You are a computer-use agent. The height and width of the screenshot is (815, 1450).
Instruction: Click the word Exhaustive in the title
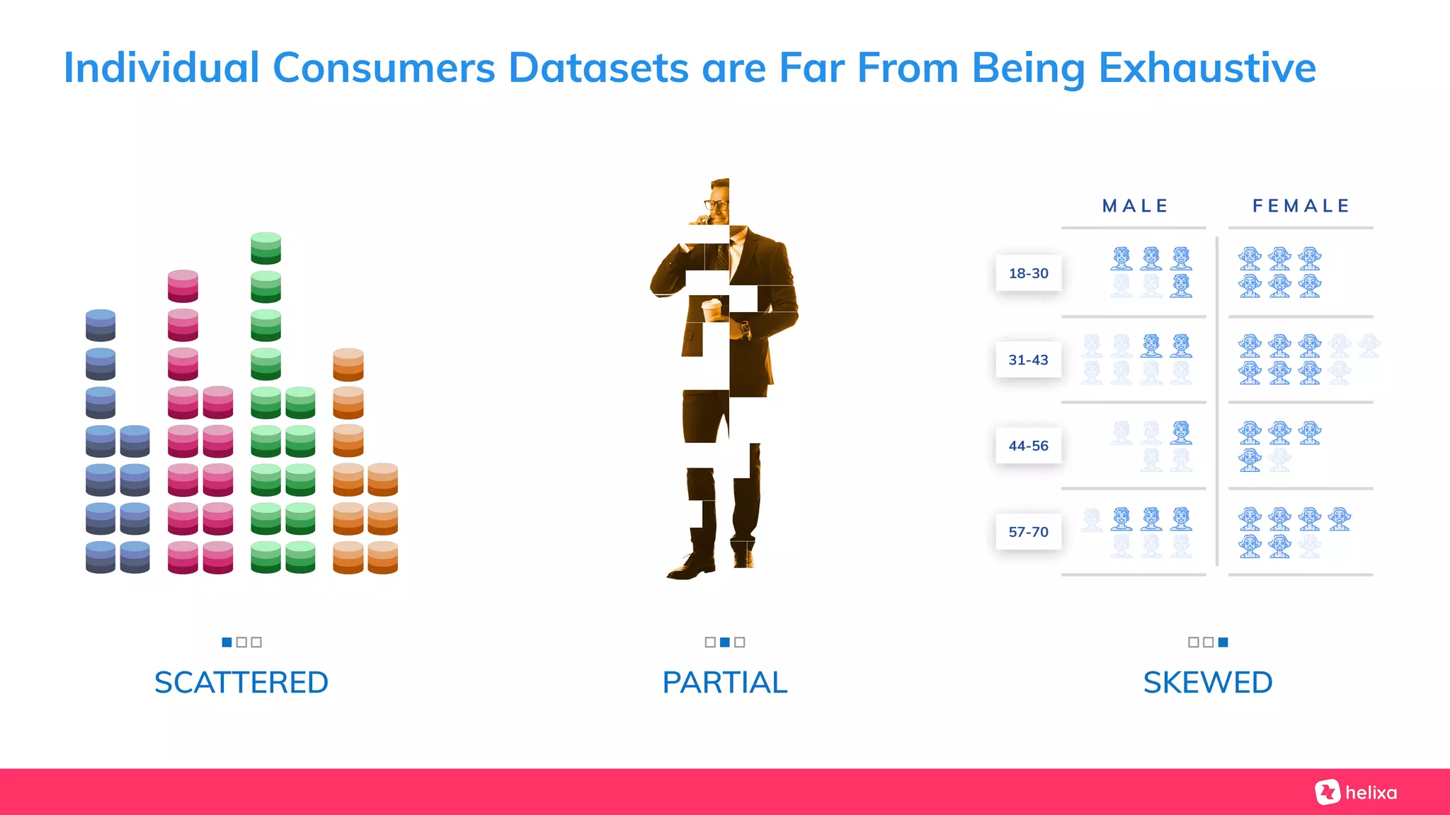pos(1206,68)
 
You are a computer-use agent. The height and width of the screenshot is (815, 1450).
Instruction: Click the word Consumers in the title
pos(384,68)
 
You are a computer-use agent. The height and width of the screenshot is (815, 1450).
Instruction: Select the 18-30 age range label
pos(1028,273)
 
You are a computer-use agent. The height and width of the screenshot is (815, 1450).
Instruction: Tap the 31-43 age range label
pos(1028,359)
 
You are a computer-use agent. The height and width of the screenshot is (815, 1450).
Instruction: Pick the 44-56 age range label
pos(1028,446)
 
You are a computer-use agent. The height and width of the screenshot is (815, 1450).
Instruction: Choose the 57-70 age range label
pos(1028,532)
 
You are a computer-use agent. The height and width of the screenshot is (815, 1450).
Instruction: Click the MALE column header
pos(1135,206)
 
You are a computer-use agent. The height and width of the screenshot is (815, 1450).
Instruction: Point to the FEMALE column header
pos(1301,206)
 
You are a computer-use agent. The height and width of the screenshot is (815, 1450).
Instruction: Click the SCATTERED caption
pos(241,683)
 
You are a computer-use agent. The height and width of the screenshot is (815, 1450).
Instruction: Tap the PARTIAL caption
pos(725,683)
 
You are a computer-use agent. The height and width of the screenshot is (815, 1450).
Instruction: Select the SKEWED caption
pos(1208,683)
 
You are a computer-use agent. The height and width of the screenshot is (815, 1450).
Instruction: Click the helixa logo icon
pos(1328,792)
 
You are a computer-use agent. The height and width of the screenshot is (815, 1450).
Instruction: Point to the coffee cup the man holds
pos(712,309)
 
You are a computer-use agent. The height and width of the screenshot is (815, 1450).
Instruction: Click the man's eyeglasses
pos(716,205)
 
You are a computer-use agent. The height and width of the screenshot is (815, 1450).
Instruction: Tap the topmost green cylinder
pos(266,248)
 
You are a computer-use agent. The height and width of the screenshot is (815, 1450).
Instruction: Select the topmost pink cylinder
pos(183,286)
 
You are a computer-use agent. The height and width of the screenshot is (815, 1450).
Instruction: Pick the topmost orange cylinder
pos(348,364)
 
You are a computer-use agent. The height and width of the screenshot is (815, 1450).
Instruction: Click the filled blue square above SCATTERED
pos(227,642)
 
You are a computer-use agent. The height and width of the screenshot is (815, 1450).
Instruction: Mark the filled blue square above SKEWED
pos(1223,642)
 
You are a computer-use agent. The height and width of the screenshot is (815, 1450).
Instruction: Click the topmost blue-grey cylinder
pos(101,325)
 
